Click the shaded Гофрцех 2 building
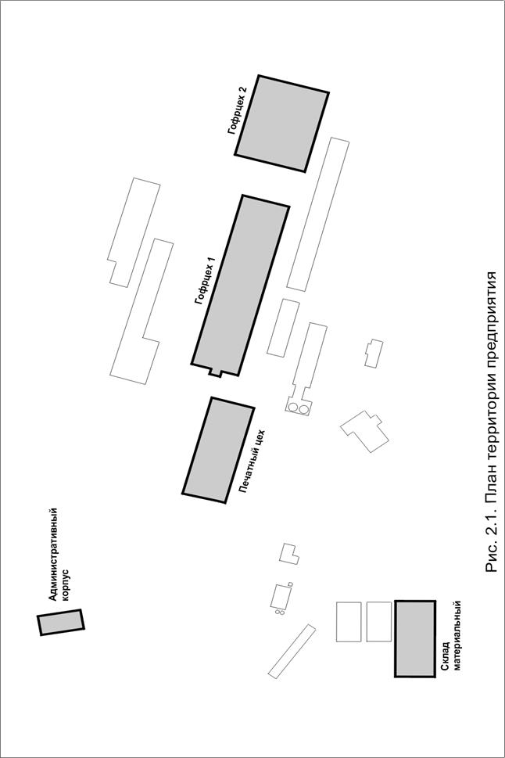281,124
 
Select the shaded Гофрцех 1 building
240,286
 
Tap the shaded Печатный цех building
218,450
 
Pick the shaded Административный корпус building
61,622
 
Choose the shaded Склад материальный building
415,638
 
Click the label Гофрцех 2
238,110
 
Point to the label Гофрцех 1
204,282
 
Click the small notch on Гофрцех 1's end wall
215,372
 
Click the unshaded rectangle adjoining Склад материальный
379,621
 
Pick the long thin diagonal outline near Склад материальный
292,651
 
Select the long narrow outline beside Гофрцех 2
317,214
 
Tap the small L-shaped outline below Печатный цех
289,554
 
